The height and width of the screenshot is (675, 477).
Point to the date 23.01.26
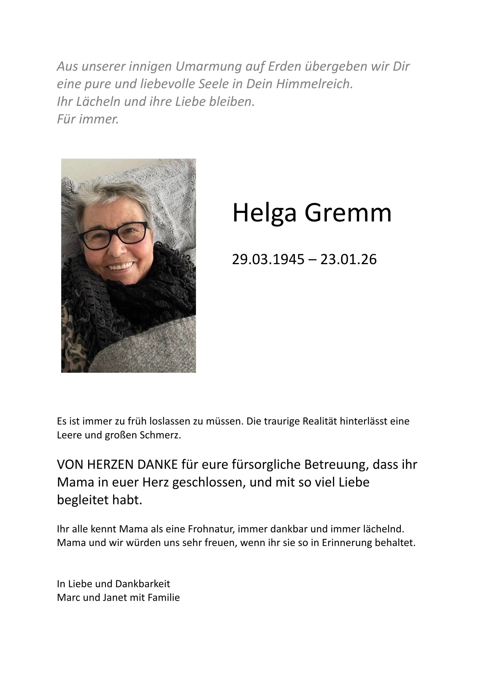pyautogui.click(x=348, y=260)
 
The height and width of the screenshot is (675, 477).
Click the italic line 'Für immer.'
pyautogui.click(x=88, y=119)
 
